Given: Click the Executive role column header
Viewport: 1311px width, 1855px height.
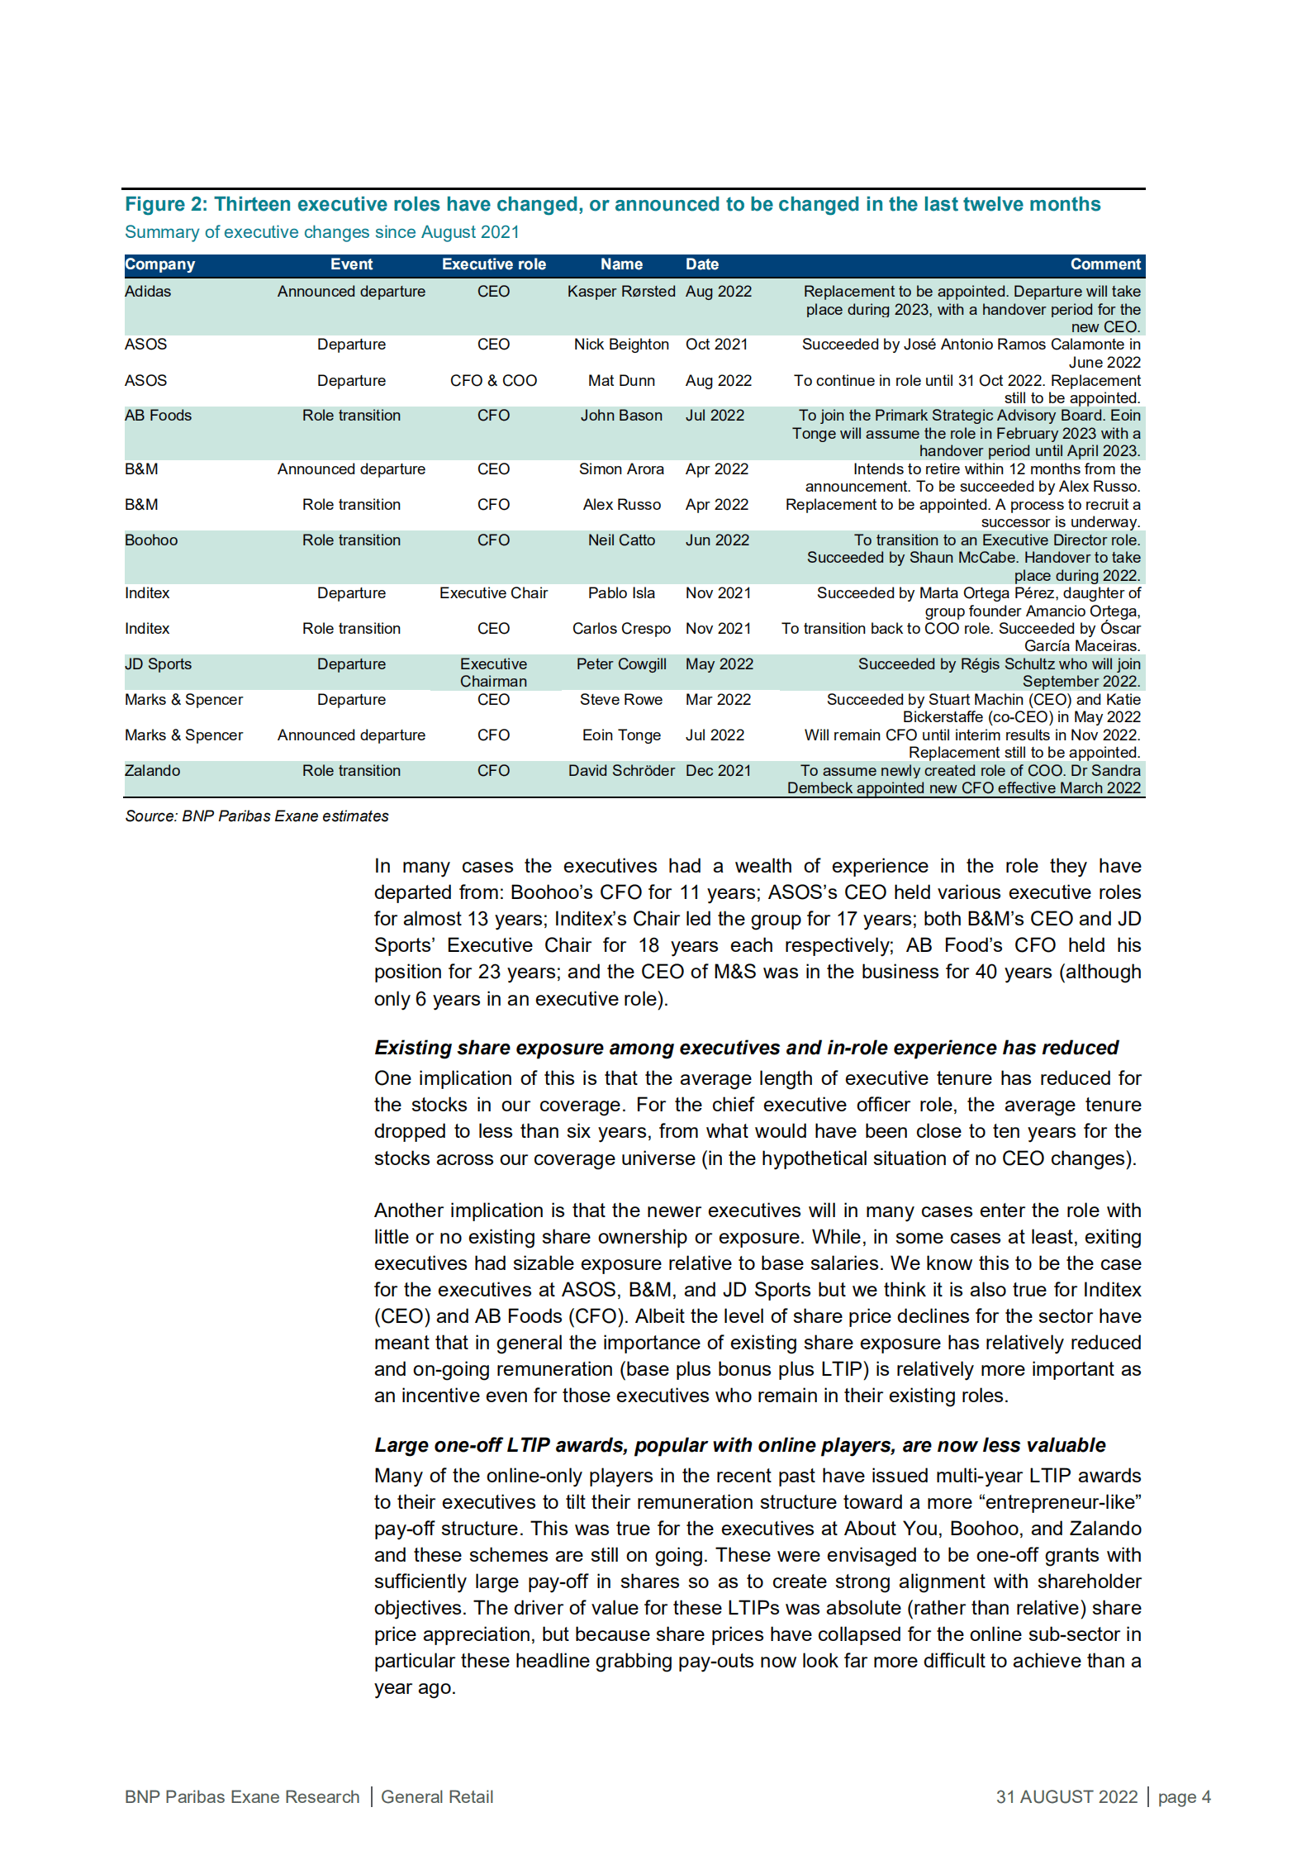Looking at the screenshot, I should pyautogui.click(x=493, y=264).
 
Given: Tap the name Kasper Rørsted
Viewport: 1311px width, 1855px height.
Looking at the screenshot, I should pyautogui.click(x=620, y=292).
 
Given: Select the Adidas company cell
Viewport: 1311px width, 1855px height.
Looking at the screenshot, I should pyautogui.click(x=148, y=292).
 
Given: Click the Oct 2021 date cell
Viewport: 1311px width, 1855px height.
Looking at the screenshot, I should pyautogui.click(x=716, y=345).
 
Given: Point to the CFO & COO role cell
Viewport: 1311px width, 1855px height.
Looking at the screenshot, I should pyautogui.click(x=493, y=381).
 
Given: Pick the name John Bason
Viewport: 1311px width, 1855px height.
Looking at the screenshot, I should pyautogui.click(x=620, y=416).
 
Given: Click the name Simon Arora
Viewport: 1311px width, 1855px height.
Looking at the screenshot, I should pyautogui.click(x=620, y=469).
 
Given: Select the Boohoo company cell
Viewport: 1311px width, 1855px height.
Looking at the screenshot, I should pyautogui.click(x=151, y=540).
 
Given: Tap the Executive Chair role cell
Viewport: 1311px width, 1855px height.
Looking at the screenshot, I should pyautogui.click(x=493, y=593).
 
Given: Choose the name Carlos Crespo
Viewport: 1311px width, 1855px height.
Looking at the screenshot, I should pyautogui.click(x=620, y=629).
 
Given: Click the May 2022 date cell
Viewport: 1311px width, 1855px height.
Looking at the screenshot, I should pyautogui.click(x=719, y=664).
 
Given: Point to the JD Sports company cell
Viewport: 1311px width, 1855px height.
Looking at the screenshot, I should pyautogui.click(x=158, y=664).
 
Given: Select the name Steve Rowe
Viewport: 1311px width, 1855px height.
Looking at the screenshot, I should pyautogui.click(x=620, y=700).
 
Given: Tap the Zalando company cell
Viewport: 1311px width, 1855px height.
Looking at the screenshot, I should pyautogui.click(x=152, y=771).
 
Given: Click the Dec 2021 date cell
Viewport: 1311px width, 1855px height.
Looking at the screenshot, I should pyautogui.click(x=718, y=771).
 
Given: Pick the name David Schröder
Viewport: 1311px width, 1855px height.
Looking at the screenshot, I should pyautogui.click(x=620, y=771).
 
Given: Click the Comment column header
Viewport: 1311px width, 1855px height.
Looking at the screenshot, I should pyautogui.click(x=1104, y=264).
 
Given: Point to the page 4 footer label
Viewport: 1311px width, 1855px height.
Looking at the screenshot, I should pyautogui.click(x=1184, y=1796).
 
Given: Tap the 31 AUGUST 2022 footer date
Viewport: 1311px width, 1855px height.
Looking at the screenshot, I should pyautogui.click(x=1066, y=1796).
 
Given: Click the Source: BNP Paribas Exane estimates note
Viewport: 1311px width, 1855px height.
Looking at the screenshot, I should pyautogui.click(x=256, y=816).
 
